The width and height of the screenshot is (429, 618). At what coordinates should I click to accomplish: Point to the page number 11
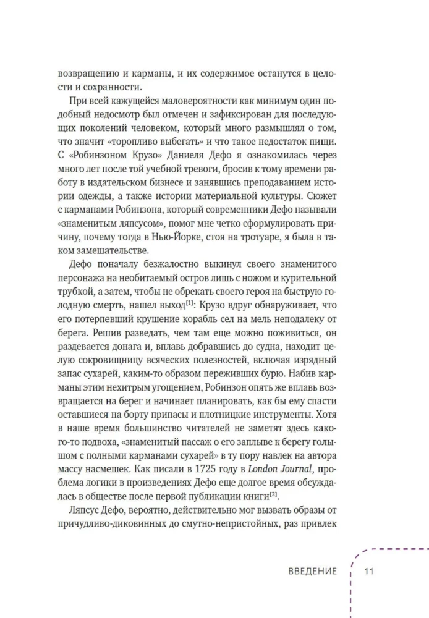(x=370, y=571)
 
